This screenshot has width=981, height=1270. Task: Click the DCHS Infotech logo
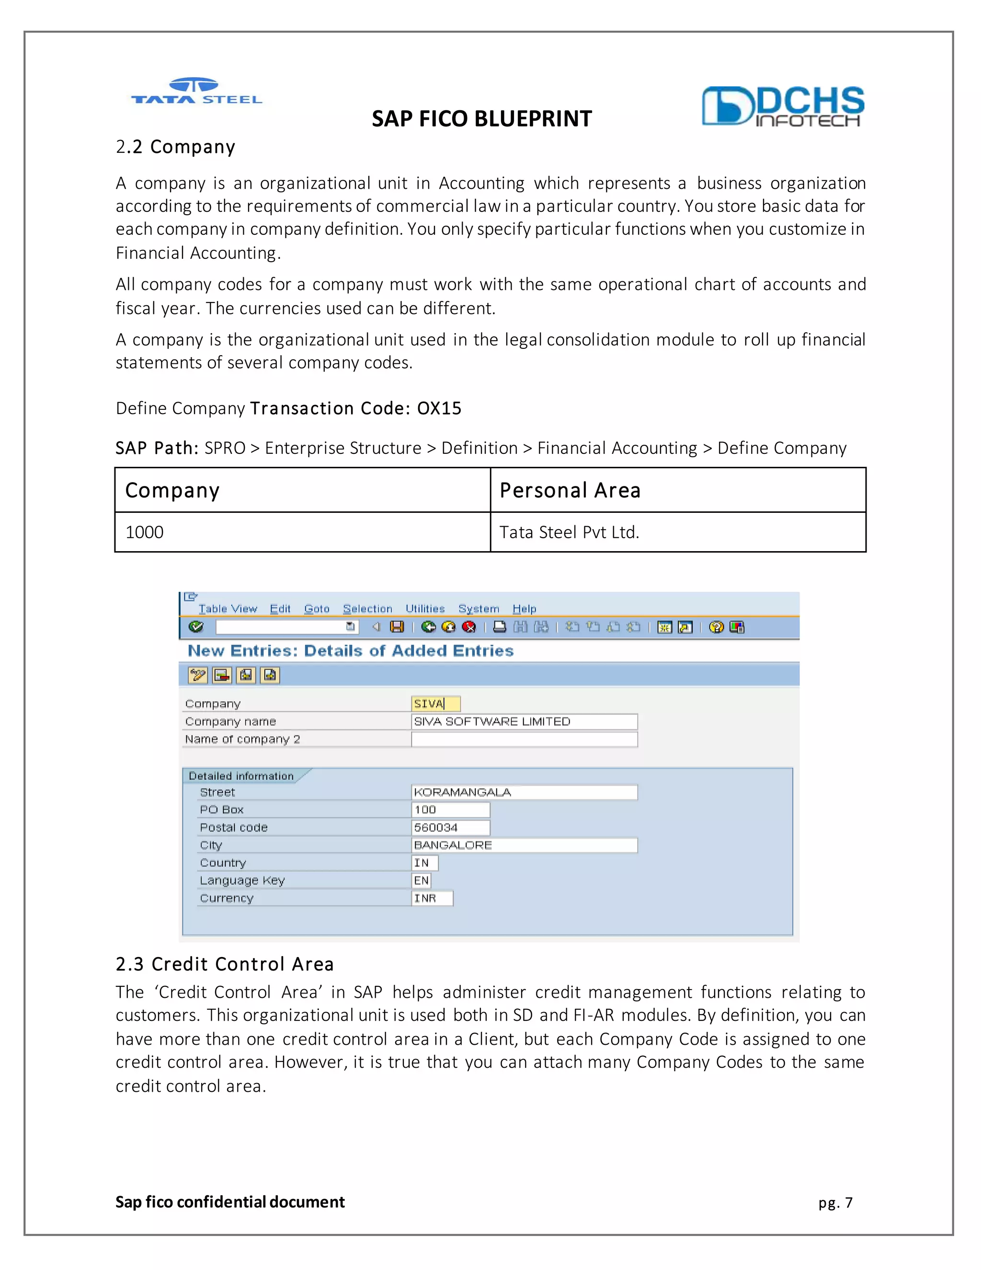[x=782, y=106]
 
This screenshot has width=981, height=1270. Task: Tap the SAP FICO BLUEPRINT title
[x=481, y=119]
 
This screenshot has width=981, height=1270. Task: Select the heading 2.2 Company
[x=175, y=147]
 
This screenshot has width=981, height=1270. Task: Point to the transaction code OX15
[x=439, y=408]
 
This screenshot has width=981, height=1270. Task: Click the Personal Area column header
[x=570, y=490]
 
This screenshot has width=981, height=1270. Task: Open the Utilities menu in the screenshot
[x=425, y=609]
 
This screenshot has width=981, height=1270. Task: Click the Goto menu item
[x=317, y=609]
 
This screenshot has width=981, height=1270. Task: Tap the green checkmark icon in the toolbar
[x=196, y=627]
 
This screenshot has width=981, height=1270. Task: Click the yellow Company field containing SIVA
[x=435, y=704]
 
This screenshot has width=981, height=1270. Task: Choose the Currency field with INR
[x=431, y=899]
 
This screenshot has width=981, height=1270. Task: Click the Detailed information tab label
[x=241, y=776]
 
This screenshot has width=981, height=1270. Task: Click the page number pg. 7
[x=835, y=1202]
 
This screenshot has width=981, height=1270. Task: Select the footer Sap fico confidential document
[x=230, y=1202]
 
